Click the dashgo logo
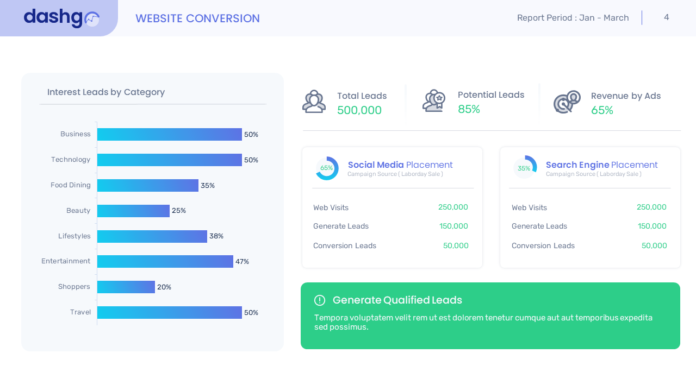click(61, 18)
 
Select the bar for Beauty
click(133, 211)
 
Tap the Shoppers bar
click(126, 287)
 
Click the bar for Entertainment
click(165, 261)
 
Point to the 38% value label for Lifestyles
click(216, 236)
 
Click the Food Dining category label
click(71, 185)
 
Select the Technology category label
click(71, 160)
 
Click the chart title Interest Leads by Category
click(106, 92)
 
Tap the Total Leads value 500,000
click(359, 110)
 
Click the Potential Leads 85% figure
click(469, 109)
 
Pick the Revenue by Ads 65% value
click(602, 110)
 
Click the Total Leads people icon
click(314, 102)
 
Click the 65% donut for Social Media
click(327, 168)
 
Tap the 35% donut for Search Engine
click(525, 168)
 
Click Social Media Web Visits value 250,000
click(453, 207)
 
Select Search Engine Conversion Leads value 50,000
click(654, 245)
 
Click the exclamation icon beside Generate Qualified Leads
click(320, 300)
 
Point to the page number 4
click(667, 17)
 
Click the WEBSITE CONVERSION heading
click(197, 18)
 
